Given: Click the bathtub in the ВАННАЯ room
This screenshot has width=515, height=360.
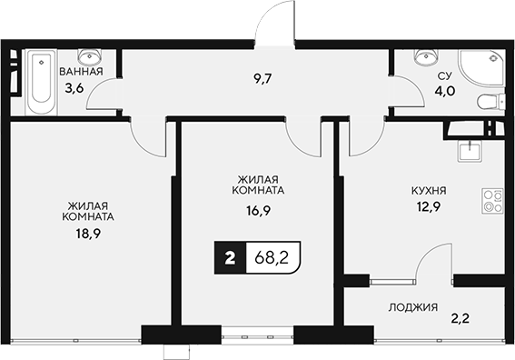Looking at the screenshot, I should pos(40,83).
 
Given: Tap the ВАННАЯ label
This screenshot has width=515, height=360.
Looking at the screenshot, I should pos(80,71).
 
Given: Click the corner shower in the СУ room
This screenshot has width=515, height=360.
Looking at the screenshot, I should pos(480,65).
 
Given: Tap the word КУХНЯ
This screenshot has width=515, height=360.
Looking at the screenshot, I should pos(427,192).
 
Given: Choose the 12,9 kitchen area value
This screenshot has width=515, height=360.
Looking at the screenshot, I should pos(427,210).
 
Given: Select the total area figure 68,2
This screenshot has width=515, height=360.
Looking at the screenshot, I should pos(271,257).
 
